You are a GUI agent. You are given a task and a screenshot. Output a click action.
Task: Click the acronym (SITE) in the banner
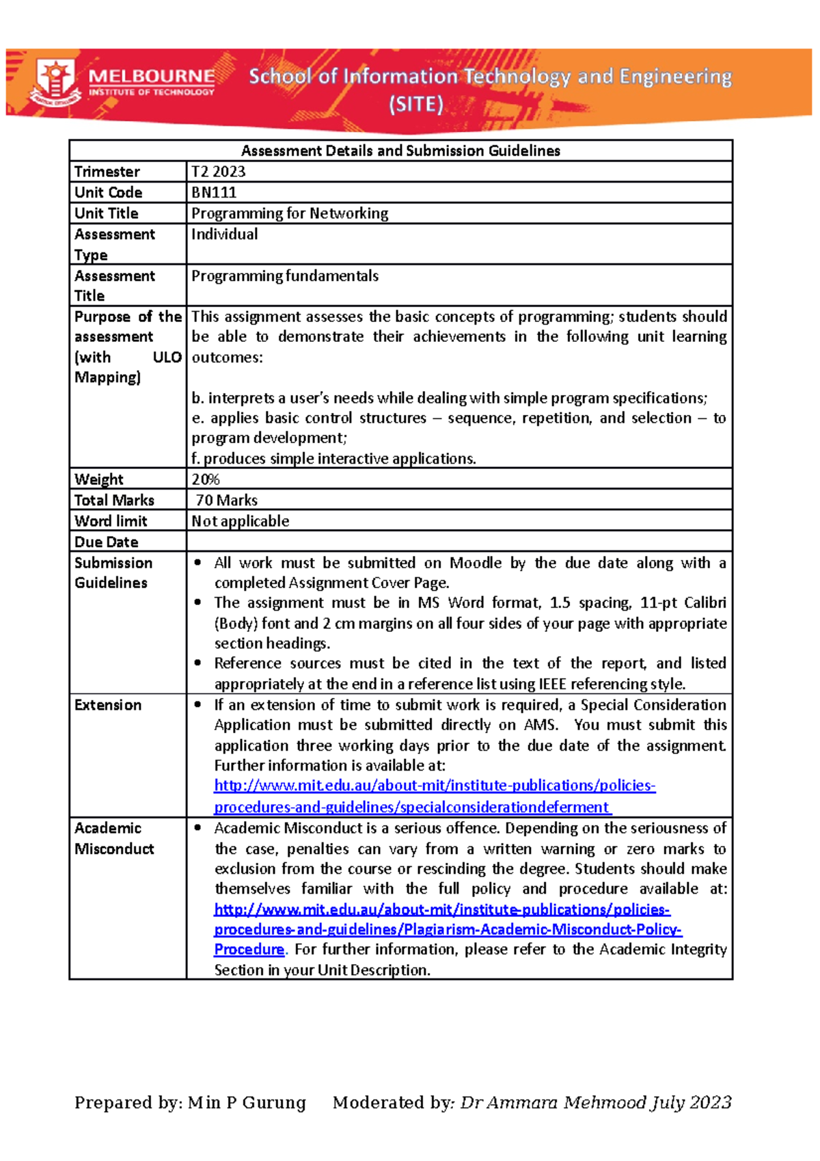click(x=415, y=105)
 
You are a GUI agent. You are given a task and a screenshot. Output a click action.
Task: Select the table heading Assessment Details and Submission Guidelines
click(x=400, y=151)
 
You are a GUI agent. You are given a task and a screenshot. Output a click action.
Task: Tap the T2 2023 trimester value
click(x=218, y=172)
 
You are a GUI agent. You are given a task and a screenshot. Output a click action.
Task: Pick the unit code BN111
click(x=214, y=193)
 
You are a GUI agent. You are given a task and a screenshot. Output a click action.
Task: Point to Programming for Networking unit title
click(x=290, y=213)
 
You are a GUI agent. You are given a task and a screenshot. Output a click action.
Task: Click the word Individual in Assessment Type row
click(x=224, y=235)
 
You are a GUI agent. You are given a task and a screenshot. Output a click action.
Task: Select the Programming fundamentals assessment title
click(x=284, y=276)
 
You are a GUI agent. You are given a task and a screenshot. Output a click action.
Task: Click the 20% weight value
click(x=205, y=479)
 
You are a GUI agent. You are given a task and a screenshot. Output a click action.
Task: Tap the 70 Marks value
click(x=226, y=501)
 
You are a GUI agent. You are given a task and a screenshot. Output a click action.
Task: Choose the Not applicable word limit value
click(x=240, y=521)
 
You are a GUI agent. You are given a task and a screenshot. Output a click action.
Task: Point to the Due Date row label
click(x=106, y=542)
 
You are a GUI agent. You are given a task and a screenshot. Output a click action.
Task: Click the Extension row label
click(x=108, y=705)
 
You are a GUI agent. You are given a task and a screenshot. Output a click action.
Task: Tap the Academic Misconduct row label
click(x=113, y=838)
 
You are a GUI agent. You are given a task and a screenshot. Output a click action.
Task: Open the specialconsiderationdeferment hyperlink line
click(x=412, y=808)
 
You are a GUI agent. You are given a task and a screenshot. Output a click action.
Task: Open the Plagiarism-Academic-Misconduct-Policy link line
click(x=448, y=930)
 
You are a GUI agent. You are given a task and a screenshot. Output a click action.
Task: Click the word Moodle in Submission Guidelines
click(x=476, y=563)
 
